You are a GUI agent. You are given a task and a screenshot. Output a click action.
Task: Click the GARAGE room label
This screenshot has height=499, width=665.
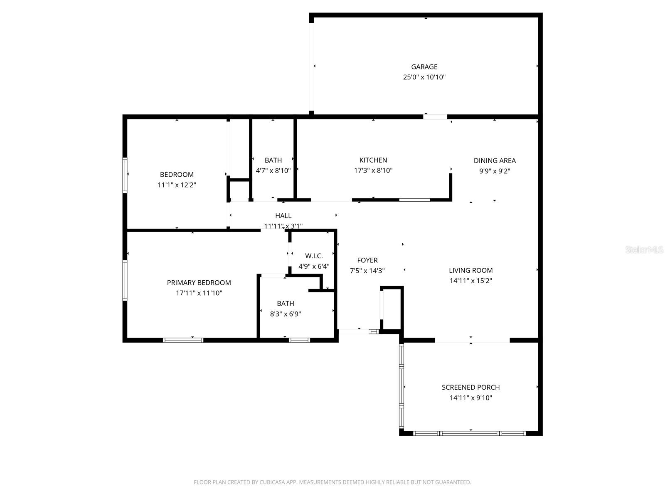tap(424, 67)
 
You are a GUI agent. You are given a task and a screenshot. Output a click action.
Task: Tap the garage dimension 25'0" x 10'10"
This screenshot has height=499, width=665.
tap(424, 77)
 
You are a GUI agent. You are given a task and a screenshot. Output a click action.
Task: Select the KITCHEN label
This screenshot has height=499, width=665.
tap(373, 160)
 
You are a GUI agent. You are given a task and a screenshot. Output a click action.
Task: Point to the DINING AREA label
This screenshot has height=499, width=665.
tap(494, 161)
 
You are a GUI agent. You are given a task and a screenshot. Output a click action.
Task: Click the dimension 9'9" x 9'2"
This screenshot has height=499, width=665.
tap(494, 171)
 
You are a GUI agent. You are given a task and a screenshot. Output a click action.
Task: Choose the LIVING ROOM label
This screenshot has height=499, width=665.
tap(470, 270)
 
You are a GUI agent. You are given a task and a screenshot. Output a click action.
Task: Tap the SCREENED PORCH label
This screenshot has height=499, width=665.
tap(470, 387)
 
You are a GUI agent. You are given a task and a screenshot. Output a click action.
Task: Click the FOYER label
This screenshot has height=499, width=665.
tap(367, 260)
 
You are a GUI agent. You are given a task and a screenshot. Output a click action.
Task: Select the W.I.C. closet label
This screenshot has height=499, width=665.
tap(313, 256)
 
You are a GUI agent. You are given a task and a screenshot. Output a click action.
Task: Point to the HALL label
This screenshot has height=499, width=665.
tap(283, 215)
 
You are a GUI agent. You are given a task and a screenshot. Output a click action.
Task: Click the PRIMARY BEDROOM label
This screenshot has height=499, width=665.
tap(199, 283)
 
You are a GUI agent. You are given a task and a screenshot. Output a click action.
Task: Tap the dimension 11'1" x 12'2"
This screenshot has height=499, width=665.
tap(177, 185)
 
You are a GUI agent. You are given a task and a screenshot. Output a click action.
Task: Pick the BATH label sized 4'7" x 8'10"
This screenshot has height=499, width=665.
tap(273, 160)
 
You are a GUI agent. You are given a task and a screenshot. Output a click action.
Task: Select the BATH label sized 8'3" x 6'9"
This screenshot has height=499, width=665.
tap(285, 304)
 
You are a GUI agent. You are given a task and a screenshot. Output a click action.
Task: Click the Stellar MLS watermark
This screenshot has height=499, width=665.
tap(644, 249)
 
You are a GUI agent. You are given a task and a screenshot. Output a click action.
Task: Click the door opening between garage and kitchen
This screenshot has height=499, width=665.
tap(435, 117)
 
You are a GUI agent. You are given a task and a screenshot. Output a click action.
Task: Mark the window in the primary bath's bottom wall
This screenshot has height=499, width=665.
tap(299, 340)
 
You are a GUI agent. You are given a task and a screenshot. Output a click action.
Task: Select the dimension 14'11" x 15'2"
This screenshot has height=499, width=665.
tap(470, 281)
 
